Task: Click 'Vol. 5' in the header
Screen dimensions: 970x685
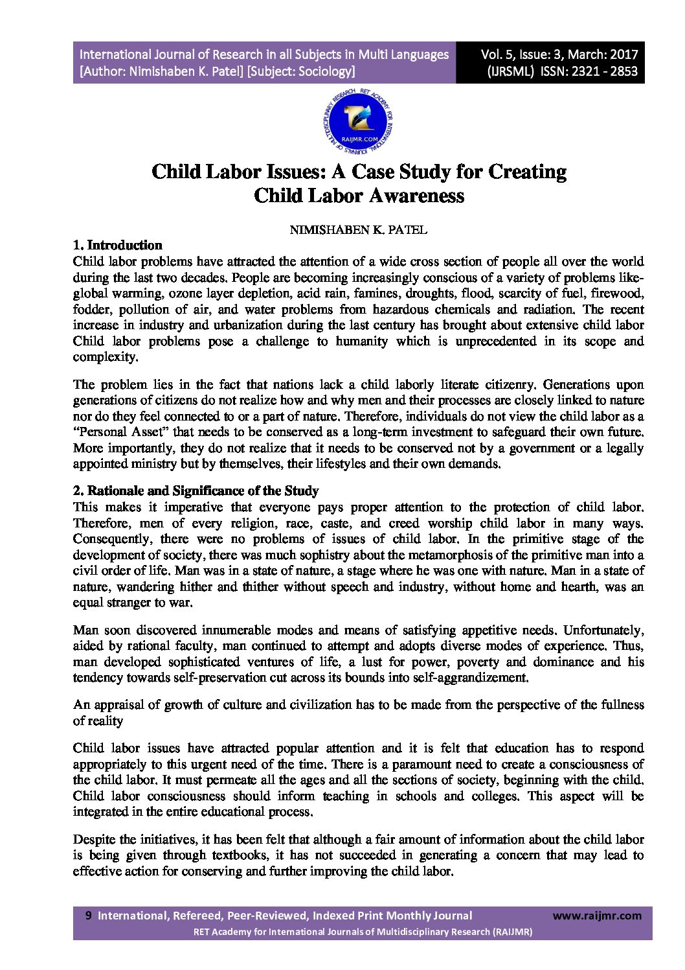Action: pos(497,54)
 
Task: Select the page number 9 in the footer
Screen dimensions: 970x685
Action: pos(89,916)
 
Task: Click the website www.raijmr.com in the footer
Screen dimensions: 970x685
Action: pos(598,916)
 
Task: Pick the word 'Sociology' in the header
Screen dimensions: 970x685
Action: pos(326,71)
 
